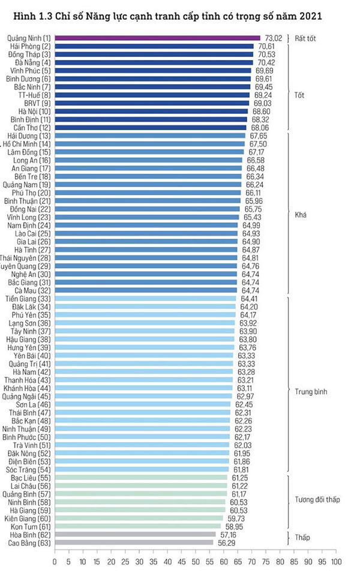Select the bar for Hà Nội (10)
point(151,112)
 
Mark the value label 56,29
point(224,543)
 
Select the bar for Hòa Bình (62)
point(134,534)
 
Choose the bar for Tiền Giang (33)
point(145,299)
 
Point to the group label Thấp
point(303,539)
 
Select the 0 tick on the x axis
point(55,562)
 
